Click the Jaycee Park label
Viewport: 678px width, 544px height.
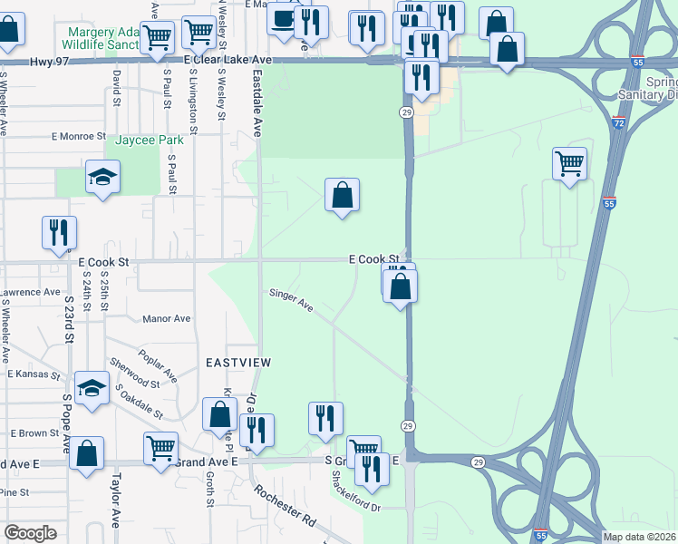coord(144,141)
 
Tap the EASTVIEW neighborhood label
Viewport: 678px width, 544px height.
coord(238,362)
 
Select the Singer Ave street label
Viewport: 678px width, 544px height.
coord(290,300)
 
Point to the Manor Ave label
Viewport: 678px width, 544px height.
coord(167,319)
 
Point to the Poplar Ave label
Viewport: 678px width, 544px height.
coord(158,363)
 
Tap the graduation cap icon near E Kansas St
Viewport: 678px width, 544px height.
coord(92,389)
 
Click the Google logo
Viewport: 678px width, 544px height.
coord(30,533)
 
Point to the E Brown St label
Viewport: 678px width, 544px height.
coord(34,433)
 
